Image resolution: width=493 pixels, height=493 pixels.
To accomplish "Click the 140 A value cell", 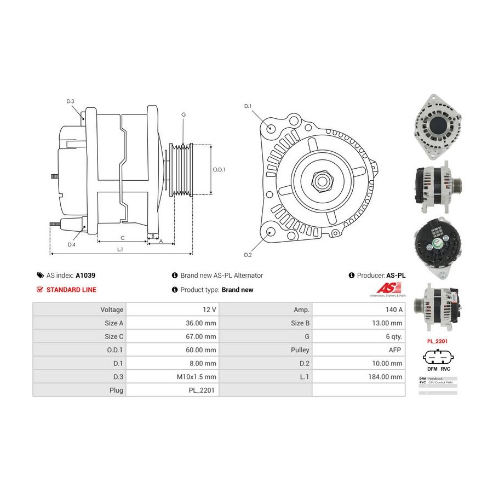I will pyautogui.click(x=359, y=310).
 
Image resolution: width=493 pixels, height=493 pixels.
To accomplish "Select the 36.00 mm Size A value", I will pyautogui.click(x=173, y=323).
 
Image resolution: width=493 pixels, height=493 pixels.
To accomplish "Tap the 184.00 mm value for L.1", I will pyautogui.click(x=359, y=376).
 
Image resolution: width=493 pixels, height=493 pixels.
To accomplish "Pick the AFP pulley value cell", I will pyautogui.click(x=359, y=349).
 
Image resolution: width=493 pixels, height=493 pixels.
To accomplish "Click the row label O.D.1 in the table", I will pyautogui.click(x=79, y=349).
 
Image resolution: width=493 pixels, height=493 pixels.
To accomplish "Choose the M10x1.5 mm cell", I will pyautogui.click(x=173, y=376).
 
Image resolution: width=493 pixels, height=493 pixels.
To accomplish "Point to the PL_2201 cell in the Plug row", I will pyautogui.click(x=173, y=390).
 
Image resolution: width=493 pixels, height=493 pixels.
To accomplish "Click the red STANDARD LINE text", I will pyautogui.click(x=71, y=290).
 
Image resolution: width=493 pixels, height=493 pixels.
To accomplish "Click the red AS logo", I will pyautogui.click(x=389, y=288).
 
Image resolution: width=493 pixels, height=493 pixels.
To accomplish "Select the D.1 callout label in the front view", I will pyautogui.click(x=248, y=106).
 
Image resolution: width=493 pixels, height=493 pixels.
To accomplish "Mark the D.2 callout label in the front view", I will pyautogui.click(x=248, y=255).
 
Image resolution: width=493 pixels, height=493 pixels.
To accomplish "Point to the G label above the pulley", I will pyautogui.click(x=184, y=114).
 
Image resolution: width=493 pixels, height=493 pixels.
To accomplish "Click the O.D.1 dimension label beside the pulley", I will pyautogui.click(x=219, y=169).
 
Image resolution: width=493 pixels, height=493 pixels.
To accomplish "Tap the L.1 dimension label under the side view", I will pyautogui.click(x=120, y=249).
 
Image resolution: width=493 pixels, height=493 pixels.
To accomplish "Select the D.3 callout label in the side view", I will pyautogui.click(x=70, y=101).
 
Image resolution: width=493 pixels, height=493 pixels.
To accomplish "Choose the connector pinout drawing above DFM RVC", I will pyautogui.click(x=438, y=358).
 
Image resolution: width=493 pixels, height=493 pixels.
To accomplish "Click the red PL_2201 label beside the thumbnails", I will pyautogui.click(x=438, y=340).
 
